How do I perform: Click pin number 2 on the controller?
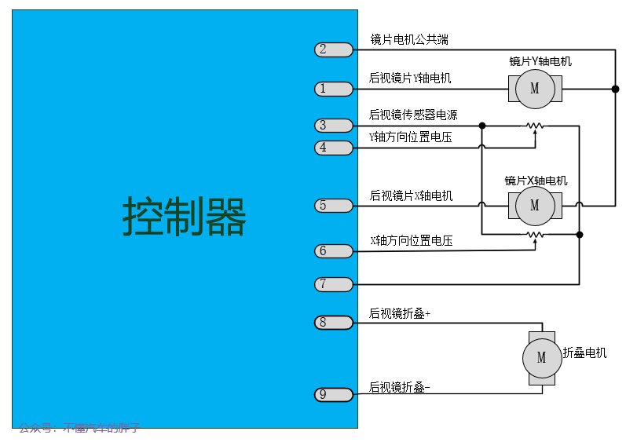[333, 49]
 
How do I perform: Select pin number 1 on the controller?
[333, 89]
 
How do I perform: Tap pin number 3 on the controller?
[333, 126]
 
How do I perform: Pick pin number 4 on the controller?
[333, 148]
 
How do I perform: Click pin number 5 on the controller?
[333, 206]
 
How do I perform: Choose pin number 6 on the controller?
[333, 251]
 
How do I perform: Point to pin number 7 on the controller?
[333, 284]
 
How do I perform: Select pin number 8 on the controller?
[333, 322]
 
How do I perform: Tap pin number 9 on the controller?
[333, 394]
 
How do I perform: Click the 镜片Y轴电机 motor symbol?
[535, 89]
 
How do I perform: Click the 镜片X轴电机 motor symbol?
[535, 206]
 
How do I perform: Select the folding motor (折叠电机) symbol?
[541, 357]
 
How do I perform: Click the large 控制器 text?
[185, 217]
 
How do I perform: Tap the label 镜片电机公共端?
[409, 39]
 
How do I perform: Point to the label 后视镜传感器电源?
[413, 115]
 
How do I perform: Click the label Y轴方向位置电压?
[411, 137]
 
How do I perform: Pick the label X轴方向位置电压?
[411, 240]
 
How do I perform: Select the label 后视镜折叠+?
[400, 313]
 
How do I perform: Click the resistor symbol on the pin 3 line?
[535, 126]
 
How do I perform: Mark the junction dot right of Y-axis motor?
[615, 89]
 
